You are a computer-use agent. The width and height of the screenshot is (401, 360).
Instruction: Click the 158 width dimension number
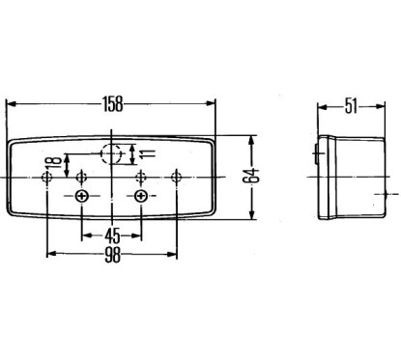[x=113, y=104]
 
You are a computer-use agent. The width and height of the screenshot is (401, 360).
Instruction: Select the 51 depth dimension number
[x=351, y=106]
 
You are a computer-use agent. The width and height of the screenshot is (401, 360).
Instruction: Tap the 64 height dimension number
[x=251, y=176]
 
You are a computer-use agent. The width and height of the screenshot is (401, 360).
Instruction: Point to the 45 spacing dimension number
[x=112, y=235]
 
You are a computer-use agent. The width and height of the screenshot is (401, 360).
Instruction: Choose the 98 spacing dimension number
[x=112, y=255]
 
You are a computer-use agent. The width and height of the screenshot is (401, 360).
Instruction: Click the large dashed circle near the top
[x=111, y=153]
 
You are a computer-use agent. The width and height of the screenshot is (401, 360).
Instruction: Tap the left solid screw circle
[x=82, y=196]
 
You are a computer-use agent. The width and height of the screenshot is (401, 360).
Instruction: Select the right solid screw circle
[x=141, y=196]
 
